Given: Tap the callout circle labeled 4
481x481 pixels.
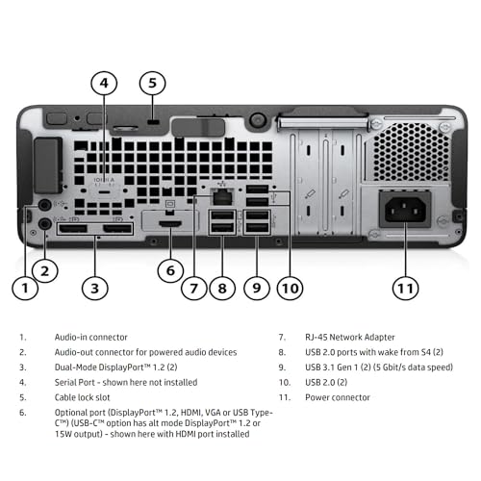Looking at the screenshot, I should pos(104,84).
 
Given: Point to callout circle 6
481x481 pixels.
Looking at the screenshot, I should pos(169,270).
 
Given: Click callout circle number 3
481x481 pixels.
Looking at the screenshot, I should pos(93,286).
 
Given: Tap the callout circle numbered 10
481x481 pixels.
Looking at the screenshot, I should pos(291,286).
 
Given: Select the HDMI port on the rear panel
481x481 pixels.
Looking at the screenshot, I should pos(170,223).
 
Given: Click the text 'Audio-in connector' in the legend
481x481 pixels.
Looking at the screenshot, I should pos(88,338).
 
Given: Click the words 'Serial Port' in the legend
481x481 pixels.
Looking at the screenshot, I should pos(70,381).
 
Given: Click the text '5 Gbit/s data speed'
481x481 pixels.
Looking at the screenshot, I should pos(408,367).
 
